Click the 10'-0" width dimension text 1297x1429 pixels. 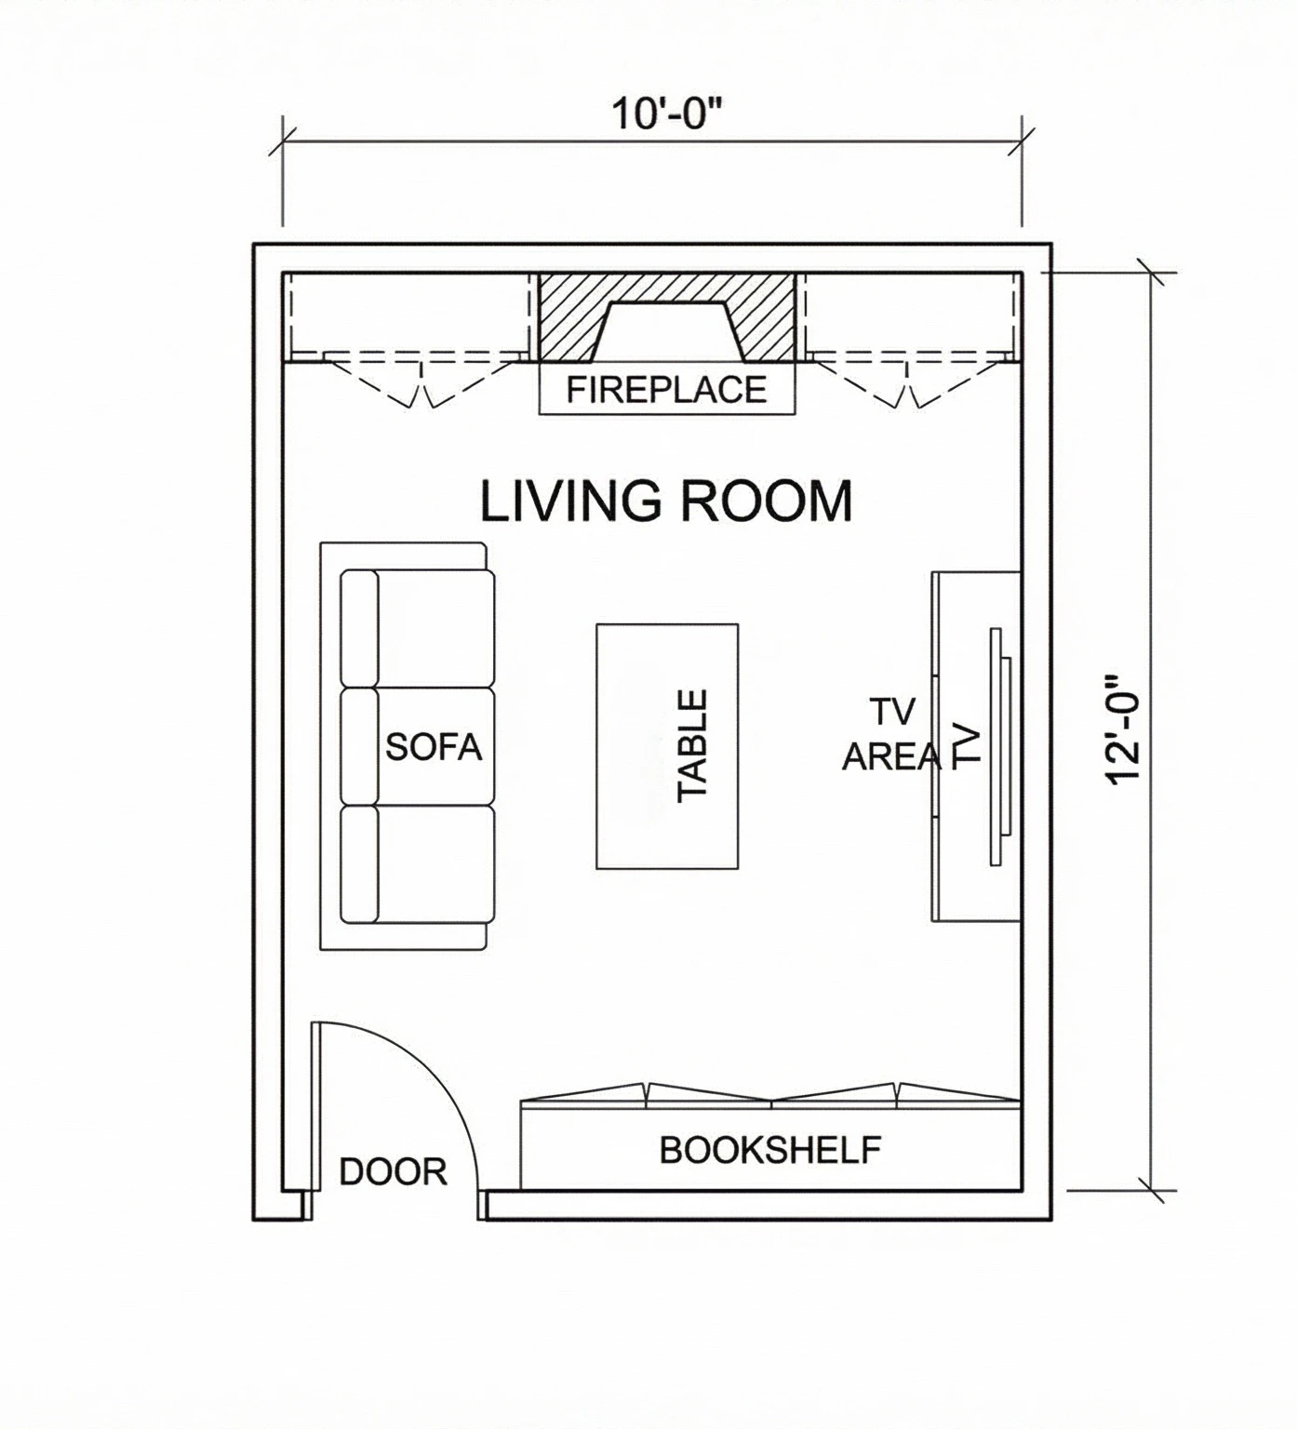(666, 114)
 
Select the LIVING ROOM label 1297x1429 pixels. (665, 501)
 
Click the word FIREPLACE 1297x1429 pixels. (666, 389)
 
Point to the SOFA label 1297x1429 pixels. (434, 747)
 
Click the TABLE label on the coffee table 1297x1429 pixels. (693, 745)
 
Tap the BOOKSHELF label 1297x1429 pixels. (769, 1151)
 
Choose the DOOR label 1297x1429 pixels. (393, 1172)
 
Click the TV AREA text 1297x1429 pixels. (890, 735)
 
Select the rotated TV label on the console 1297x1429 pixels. (968, 747)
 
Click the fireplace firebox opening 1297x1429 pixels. (667, 333)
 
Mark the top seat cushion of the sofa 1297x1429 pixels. (435, 628)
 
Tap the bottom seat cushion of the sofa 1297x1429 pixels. (435, 863)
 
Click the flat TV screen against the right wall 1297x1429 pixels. (997, 747)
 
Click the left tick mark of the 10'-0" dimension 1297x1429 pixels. (283, 142)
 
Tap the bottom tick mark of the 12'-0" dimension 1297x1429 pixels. (1153, 1190)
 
